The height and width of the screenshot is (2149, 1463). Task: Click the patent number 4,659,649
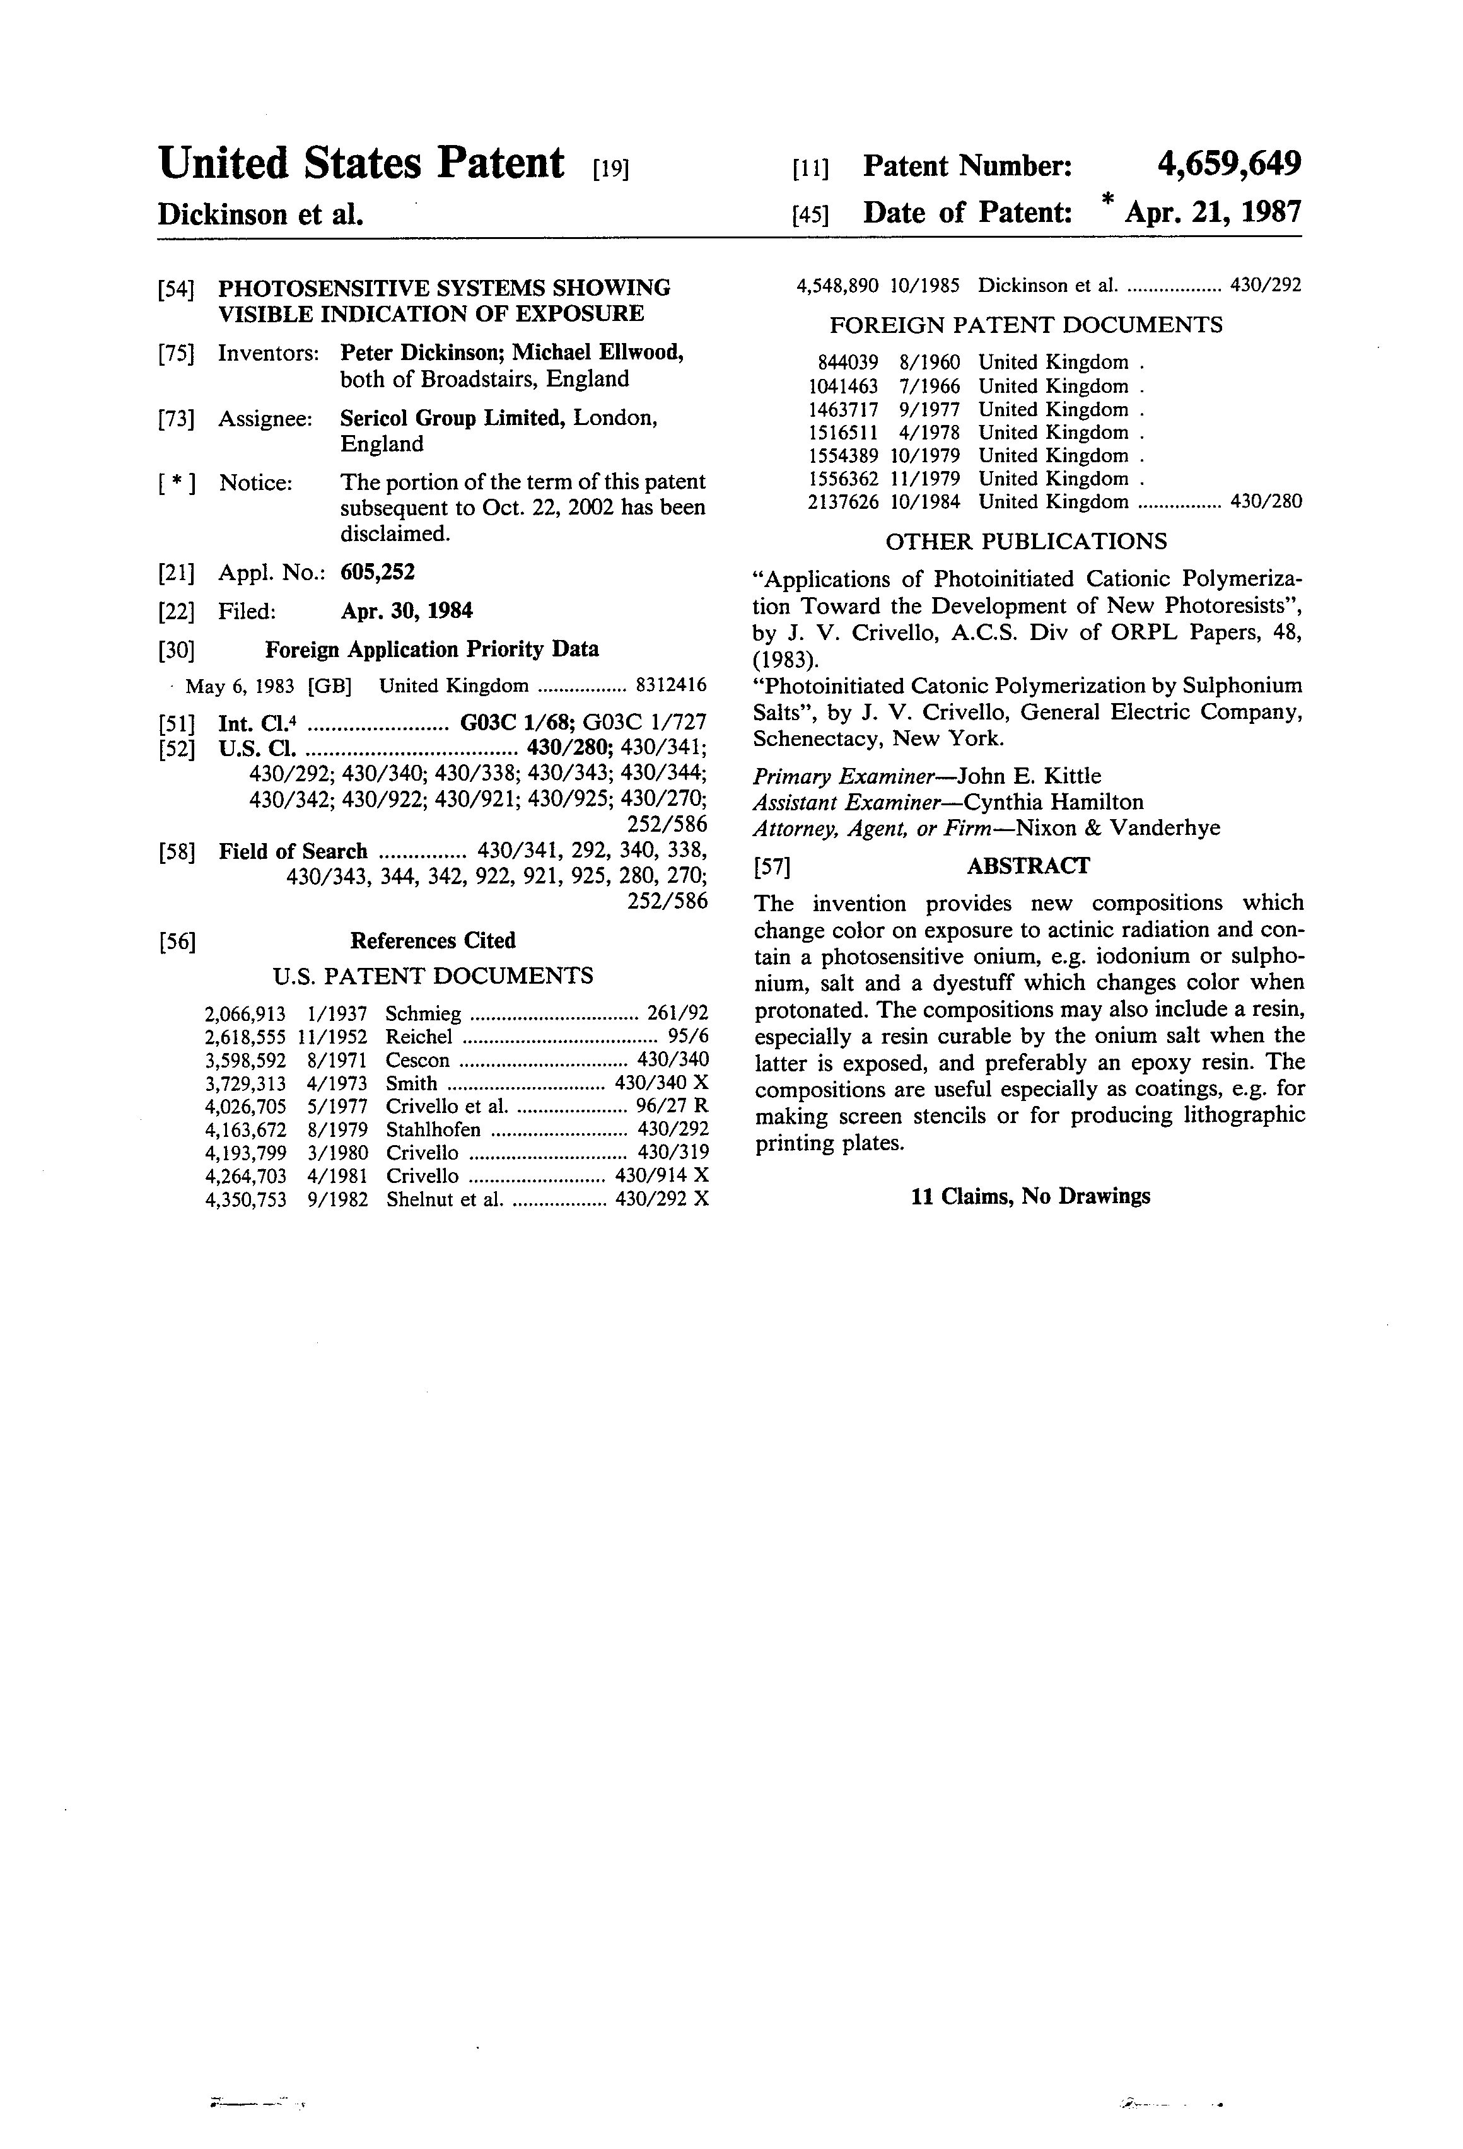pyautogui.click(x=1228, y=165)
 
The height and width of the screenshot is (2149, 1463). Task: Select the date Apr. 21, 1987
pyautogui.click(x=1211, y=213)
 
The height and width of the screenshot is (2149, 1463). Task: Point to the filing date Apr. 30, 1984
pyautogui.click(x=406, y=611)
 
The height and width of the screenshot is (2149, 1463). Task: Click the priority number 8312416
pyautogui.click(x=672, y=685)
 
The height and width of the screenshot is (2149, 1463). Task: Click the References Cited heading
pyautogui.click(x=433, y=940)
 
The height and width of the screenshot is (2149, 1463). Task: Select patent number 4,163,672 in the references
pyautogui.click(x=245, y=1130)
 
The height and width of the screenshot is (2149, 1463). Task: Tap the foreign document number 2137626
pyautogui.click(x=842, y=502)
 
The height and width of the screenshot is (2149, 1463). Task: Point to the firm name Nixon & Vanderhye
pyautogui.click(x=1117, y=829)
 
